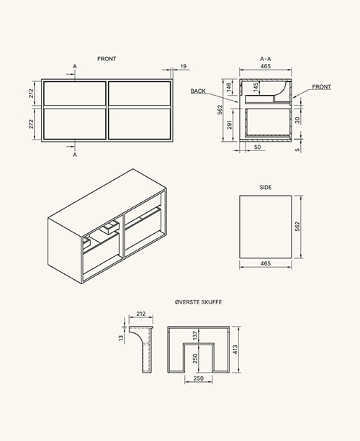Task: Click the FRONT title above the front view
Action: click(107, 59)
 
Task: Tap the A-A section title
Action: click(266, 59)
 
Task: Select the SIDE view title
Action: click(266, 187)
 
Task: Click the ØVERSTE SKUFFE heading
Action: click(198, 302)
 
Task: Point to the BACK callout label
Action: click(198, 91)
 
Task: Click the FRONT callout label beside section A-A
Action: click(321, 87)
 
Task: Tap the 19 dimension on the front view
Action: click(183, 66)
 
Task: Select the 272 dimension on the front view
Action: click(31, 124)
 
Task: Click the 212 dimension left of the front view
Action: click(31, 93)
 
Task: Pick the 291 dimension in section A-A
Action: click(230, 124)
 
